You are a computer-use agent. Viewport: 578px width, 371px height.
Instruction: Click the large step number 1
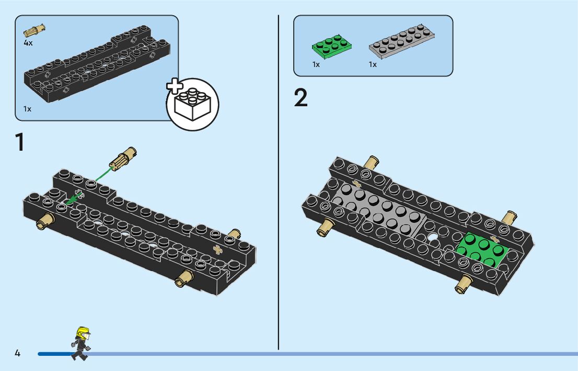[x=20, y=142]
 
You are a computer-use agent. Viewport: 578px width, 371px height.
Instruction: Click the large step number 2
[x=301, y=98]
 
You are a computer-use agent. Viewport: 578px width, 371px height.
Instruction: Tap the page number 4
[x=17, y=353]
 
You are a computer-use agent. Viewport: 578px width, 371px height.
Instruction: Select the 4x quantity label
[x=28, y=43]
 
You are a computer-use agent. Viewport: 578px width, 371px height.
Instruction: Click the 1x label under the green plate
[x=316, y=64]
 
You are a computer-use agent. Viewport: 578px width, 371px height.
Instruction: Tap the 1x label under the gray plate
[x=373, y=64]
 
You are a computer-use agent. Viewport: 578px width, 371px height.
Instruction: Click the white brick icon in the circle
[x=192, y=104]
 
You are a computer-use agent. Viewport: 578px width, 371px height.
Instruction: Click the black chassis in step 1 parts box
[x=97, y=65]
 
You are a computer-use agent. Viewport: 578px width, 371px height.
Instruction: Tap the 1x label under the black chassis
[x=27, y=109]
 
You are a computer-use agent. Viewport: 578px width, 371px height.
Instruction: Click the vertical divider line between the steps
[x=279, y=183]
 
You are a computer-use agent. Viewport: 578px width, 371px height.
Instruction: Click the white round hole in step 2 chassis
[x=433, y=237]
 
